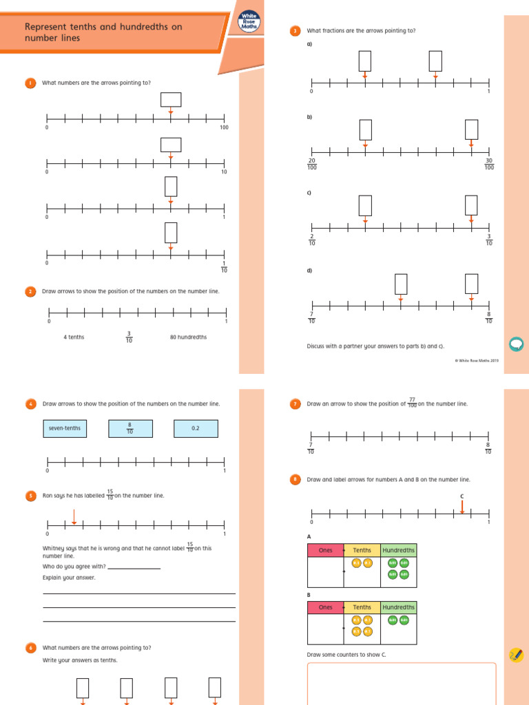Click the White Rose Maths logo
pos(248,22)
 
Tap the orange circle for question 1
pos(30,83)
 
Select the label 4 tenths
pos(74,337)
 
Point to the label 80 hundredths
pos(188,337)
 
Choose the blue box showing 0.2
pos(196,428)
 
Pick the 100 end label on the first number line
pos(224,128)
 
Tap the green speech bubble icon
pos(515,343)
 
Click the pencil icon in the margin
pos(515,655)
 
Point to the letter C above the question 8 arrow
pos(462,496)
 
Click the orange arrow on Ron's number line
pos(74,516)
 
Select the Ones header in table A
pos(325,550)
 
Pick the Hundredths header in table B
pos(398,607)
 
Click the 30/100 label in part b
pos(489,164)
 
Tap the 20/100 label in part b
pos(311,164)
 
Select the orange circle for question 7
pos(295,404)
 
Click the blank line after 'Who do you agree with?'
pos(134,567)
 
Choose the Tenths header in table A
pos(362,550)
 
